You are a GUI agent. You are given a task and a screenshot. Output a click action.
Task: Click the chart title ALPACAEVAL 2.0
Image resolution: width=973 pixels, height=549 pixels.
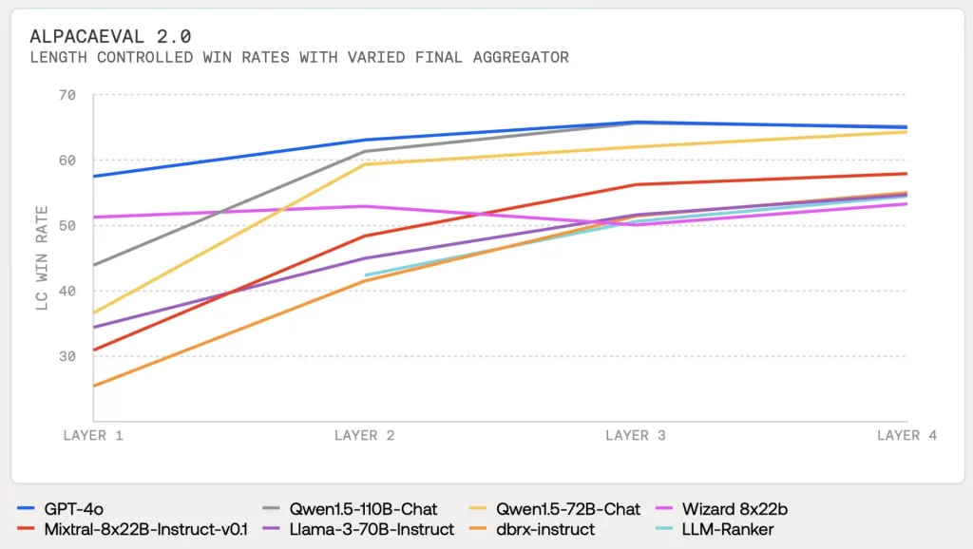click(110, 36)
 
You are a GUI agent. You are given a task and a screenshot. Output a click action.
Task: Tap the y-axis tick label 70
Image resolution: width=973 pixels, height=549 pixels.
click(67, 95)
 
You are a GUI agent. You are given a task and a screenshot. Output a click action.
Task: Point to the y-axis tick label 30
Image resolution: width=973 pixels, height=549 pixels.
click(67, 356)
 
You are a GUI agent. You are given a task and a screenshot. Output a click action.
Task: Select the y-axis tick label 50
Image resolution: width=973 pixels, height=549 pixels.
click(67, 225)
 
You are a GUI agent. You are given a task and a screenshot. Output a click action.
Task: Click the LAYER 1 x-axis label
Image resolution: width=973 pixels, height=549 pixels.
click(93, 435)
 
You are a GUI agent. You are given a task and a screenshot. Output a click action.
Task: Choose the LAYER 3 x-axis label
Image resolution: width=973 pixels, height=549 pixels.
click(636, 435)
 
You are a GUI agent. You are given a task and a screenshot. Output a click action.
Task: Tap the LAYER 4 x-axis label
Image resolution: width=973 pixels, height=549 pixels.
click(906, 435)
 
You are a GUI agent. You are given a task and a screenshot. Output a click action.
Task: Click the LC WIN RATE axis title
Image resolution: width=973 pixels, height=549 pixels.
click(42, 258)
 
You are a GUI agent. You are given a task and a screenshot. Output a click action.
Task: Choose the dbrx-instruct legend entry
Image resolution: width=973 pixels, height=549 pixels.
click(541, 528)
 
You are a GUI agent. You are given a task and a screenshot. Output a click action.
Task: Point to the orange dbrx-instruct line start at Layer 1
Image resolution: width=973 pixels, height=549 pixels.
click(94, 386)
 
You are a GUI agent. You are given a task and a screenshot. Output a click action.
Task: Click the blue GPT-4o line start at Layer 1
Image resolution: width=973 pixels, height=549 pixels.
click(94, 176)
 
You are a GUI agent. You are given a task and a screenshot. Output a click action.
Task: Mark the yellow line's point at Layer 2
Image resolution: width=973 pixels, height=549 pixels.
click(365, 164)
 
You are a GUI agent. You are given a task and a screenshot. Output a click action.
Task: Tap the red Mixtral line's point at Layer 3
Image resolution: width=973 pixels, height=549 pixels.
click(636, 184)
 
